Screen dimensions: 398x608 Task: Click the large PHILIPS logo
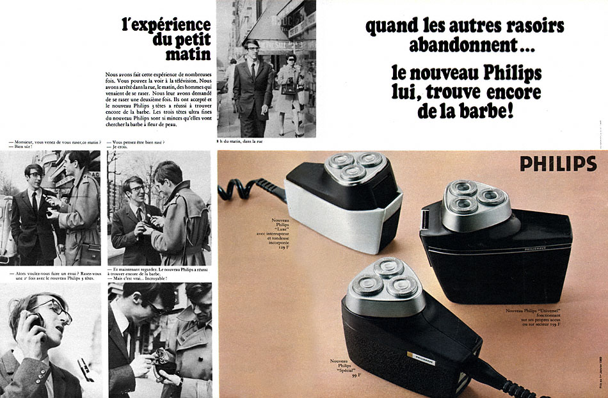[x=557, y=164]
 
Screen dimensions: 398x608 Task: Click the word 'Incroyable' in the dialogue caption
[x=152, y=279]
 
